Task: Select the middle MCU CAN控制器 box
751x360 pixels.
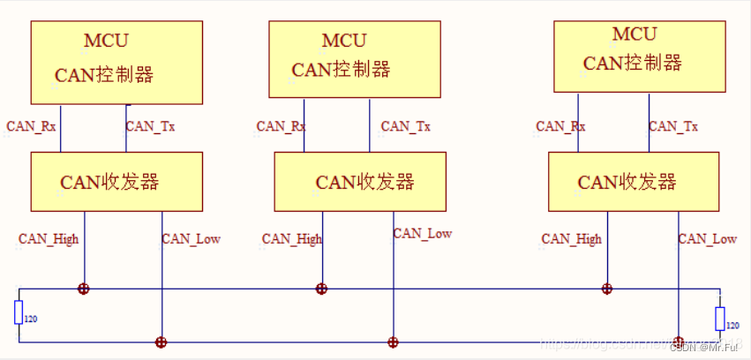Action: point(354,58)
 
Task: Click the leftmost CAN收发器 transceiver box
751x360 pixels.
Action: point(116,182)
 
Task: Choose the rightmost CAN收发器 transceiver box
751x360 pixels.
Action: point(633,182)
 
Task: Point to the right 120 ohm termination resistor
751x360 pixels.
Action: point(720,318)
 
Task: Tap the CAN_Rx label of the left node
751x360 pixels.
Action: point(31,126)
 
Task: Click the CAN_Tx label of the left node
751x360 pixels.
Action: point(150,126)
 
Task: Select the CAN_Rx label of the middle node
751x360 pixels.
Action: point(281,126)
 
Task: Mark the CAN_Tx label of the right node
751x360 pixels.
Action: point(673,126)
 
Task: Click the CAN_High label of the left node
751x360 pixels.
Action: point(49,239)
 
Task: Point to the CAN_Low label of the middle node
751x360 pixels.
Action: point(422,234)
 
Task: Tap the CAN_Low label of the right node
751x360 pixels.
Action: point(707,238)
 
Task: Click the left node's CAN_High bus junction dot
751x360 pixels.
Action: point(84,289)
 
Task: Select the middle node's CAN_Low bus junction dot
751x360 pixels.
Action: point(393,341)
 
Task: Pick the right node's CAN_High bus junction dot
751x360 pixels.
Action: point(606,289)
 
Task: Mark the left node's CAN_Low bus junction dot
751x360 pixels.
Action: point(161,341)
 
